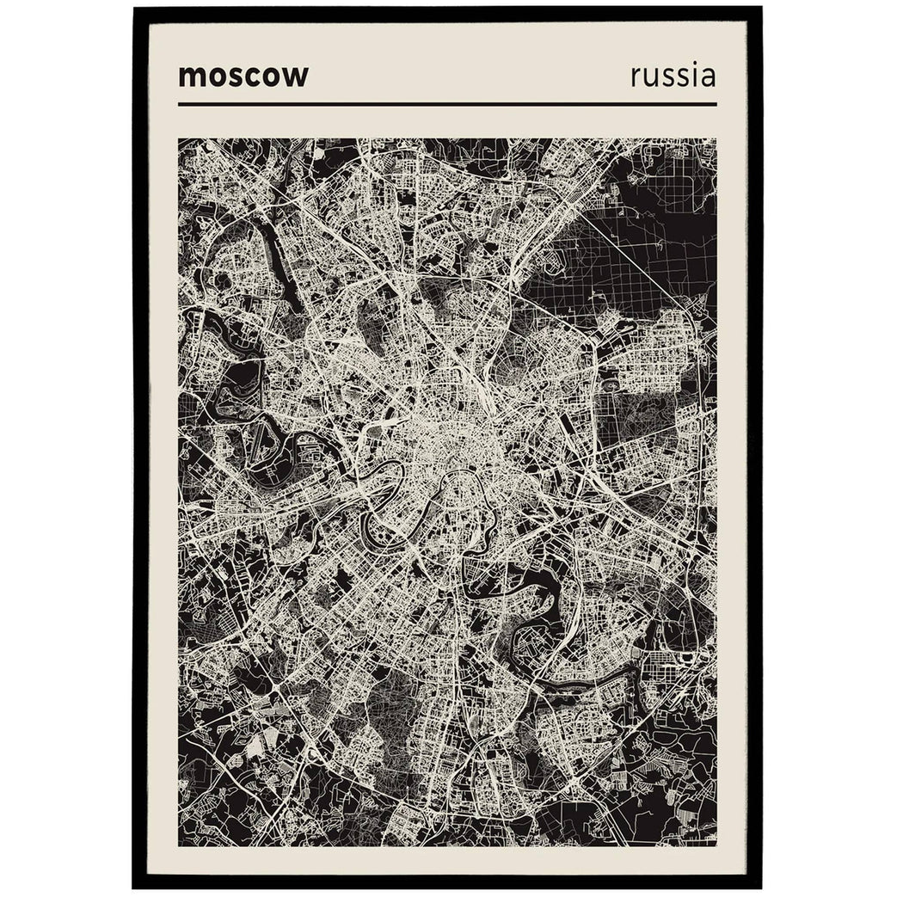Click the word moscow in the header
point(243,76)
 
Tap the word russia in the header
point(673,75)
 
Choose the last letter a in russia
point(708,77)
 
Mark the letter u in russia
point(649,77)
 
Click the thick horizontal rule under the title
point(447,104)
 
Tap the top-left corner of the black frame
point(135,9)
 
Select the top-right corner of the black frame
point(760,9)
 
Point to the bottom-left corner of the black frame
point(135,886)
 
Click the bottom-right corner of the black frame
point(760,886)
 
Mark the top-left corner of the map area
point(180,139)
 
